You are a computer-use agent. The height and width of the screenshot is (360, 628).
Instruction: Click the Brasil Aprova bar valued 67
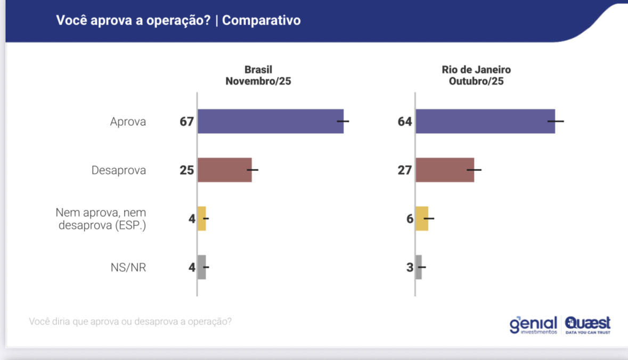[x=270, y=121]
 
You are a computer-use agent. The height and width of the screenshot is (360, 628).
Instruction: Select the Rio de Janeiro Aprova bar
[x=485, y=121]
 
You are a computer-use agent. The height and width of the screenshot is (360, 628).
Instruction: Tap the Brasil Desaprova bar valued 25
[x=224, y=170]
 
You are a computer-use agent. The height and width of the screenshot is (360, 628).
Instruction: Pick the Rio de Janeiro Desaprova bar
[x=444, y=170]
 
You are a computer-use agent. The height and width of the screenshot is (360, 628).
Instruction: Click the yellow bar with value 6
[x=421, y=218]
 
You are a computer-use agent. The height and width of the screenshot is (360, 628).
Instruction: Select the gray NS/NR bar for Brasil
[x=201, y=267]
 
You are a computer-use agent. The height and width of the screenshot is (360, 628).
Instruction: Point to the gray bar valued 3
[x=418, y=267]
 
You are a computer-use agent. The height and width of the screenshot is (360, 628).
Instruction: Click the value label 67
[x=186, y=121]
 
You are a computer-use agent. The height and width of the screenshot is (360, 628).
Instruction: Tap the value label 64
[x=405, y=121]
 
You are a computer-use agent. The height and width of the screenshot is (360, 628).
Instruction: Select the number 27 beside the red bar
[x=405, y=170]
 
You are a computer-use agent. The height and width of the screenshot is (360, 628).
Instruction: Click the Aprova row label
[x=128, y=121]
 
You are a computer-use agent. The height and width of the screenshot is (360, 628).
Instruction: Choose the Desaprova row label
[x=119, y=170]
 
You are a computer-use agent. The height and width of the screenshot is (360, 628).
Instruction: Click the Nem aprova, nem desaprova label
[x=101, y=218]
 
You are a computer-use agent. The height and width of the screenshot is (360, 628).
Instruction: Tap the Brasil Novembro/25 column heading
[x=258, y=76]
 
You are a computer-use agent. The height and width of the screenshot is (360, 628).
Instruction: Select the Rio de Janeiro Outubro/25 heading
[x=476, y=76]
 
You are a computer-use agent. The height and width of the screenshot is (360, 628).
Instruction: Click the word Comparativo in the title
[x=262, y=20]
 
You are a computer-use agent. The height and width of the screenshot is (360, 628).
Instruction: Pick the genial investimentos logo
[x=533, y=324]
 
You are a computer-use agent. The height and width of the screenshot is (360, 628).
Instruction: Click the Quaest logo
[x=588, y=324]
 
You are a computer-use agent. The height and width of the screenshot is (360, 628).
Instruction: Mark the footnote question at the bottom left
[x=131, y=322]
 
